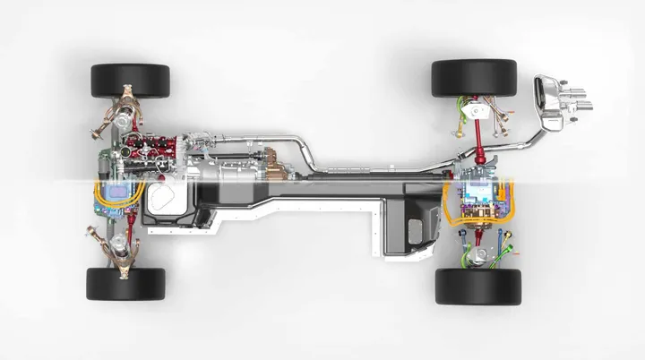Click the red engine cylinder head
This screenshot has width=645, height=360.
click(x=148, y=144)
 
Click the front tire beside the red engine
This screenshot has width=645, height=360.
click(x=129, y=80)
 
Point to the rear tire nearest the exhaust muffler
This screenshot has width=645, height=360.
click(x=474, y=78)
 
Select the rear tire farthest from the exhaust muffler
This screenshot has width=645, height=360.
click(x=477, y=286)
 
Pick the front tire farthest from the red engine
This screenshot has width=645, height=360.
click(x=125, y=283)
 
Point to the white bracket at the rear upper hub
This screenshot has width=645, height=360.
click(x=479, y=112)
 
